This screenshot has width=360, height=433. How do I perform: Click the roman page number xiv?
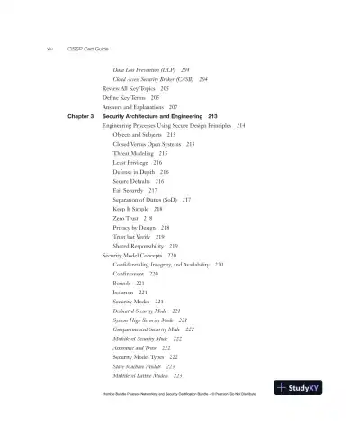[37, 50]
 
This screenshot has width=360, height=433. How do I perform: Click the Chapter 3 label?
[81, 116]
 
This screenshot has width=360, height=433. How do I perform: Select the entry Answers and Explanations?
[134, 107]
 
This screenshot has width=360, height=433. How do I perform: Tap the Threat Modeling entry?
[134, 153]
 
